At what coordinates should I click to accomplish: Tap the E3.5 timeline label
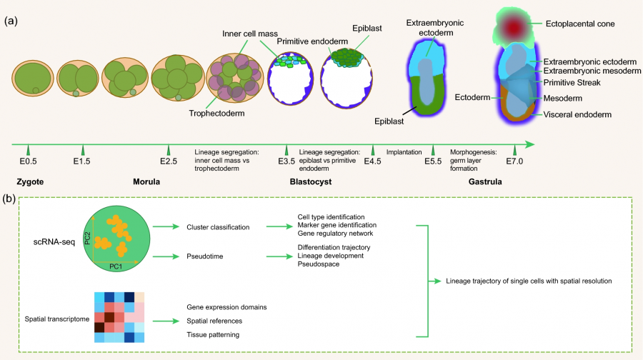point(286,161)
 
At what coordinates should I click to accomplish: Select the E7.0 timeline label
point(514,161)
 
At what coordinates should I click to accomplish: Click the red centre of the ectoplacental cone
point(517,26)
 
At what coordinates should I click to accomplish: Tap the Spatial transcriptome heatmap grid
point(119,317)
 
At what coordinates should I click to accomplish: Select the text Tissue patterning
point(212,334)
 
